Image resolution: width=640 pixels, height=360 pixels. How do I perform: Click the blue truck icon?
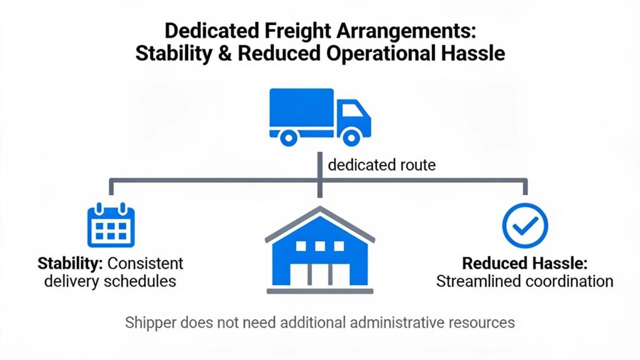pyautogui.click(x=320, y=117)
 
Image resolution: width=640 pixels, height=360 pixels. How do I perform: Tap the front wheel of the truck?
pyautogui.click(x=351, y=138)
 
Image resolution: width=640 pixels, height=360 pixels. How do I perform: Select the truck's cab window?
pyautogui.click(x=352, y=111)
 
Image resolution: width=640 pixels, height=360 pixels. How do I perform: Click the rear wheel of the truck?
pyautogui.click(x=289, y=138)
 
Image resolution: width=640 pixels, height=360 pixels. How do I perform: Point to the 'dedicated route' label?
pyautogui.click(x=382, y=165)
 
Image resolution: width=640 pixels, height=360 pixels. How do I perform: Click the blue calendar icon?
pyautogui.click(x=111, y=225)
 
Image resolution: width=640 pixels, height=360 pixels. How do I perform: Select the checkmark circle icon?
pyautogui.click(x=525, y=225)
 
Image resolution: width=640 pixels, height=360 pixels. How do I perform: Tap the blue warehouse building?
pyautogui.click(x=320, y=250)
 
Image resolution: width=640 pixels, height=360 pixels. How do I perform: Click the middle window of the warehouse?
pyautogui.click(x=320, y=246)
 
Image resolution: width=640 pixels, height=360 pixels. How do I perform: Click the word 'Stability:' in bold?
pyautogui.click(x=70, y=264)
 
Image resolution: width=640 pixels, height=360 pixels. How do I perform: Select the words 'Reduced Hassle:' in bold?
pyautogui.click(x=524, y=263)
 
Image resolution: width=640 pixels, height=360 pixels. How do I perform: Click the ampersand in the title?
pyautogui.click(x=224, y=54)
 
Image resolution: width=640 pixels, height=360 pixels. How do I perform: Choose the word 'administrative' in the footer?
pyautogui.click(x=396, y=322)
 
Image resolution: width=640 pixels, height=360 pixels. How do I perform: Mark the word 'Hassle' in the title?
pyautogui.click(x=472, y=54)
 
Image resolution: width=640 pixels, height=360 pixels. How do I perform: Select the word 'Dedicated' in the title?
pyautogui.click(x=212, y=31)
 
